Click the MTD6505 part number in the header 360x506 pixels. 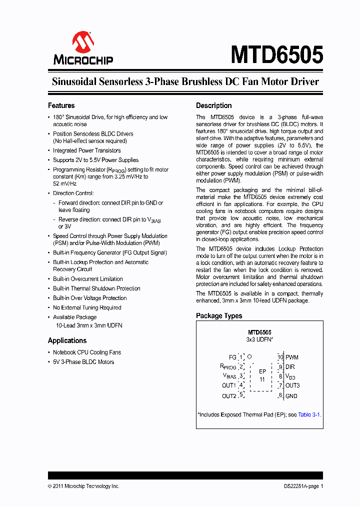pyautogui.click(x=276, y=54)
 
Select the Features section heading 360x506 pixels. pyautogui.click(x=61, y=105)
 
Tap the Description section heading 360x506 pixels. pyautogui.click(x=213, y=105)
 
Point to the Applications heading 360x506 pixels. pyautogui.click(x=67, y=340)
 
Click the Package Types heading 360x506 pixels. pyautogui.click(x=219, y=315)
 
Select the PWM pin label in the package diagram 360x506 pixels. pyautogui.click(x=292, y=357)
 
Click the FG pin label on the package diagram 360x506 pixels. pyautogui.click(x=232, y=357)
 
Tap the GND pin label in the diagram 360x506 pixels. pyautogui.click(x=291, y=395)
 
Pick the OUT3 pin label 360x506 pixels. pyautogui.click(x=293, y=385)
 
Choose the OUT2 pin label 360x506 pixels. pyautogui.click(x=229, y=396)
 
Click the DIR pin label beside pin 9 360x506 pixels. pyautogui.click(x=290, y=366)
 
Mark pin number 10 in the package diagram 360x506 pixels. pyautogui.click(x=280, y=357)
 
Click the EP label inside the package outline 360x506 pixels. pyautogui.click(x=262, y=371)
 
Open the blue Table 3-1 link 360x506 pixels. pyautogui.click(x=309, y=414)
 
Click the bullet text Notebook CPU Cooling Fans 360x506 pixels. pyautogui.click(x=87, y=352)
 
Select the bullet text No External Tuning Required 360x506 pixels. pyautogui.click(x=87, y=307)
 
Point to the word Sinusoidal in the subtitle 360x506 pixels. pyautogui.click(x=75, y=81)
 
